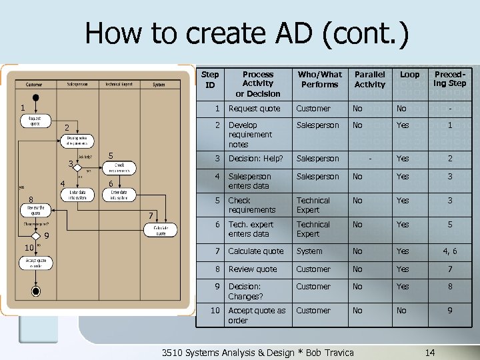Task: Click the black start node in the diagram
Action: [x=36, y=97]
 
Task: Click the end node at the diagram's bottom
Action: [x=36, y=291]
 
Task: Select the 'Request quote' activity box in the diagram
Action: [x=35, y=121]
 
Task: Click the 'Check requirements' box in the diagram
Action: [x=119, y=167]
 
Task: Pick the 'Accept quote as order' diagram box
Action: [x=35, y=262]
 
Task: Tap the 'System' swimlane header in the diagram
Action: [x=159, y=85]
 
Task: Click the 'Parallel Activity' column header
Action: [x=369, y=79]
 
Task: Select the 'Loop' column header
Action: [x=409, y=75]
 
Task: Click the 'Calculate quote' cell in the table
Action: [x=256, y=251]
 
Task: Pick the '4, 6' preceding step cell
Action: [x=449, y=251]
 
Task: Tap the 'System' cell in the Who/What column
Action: [x=309, y=251]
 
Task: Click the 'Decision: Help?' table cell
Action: [x=256, y=159]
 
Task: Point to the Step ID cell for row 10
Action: [x=215, y=311]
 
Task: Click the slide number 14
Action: [x=430, y=352]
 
